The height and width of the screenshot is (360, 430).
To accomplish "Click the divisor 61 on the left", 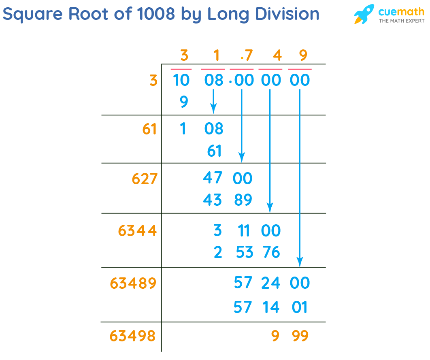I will tap(149, 129).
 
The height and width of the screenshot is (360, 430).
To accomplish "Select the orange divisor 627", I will tap(145, 179).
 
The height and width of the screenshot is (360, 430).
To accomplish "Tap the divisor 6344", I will tap(137, 231).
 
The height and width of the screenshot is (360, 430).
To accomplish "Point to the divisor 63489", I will tap(133, 283).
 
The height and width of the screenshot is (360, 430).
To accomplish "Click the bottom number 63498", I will tap(132, 336).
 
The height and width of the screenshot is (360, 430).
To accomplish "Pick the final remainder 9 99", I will tap(290, 336).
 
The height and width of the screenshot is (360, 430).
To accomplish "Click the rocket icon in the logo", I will tap(364, 14).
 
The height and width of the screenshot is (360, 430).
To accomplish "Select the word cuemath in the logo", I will tap(401, 11).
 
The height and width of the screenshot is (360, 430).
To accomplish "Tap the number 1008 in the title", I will tap(156, 14).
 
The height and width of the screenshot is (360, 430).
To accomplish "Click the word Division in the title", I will tap(283, 14).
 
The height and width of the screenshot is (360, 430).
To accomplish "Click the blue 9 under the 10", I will tap(183, 102).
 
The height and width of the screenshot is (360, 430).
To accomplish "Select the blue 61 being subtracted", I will tap(214, 151).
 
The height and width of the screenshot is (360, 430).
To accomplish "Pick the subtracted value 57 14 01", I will tap(270, 307).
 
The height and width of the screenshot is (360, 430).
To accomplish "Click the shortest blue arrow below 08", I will tap(213, 101).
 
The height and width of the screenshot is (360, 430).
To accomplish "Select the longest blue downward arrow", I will tap(300, 178).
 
